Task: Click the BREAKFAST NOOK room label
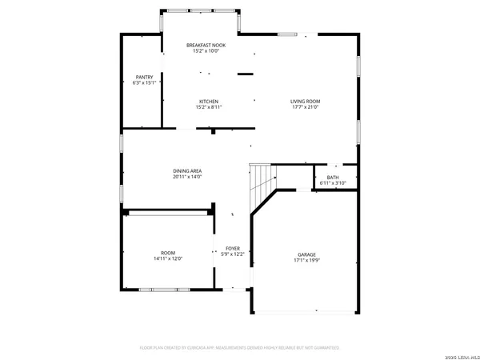click(x=206, y=45)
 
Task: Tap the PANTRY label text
click(x=144, y=77)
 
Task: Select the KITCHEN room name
click(x=210, y=101)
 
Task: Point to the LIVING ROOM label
click(x=305, y=101)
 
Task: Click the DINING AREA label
click(x=187, y=171)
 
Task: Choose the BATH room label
click(x=332, y=178)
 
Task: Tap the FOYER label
click(x=233, y=249)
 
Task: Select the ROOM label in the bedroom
click(x=168, y=253)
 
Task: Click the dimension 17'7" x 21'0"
click(x=305, y=107)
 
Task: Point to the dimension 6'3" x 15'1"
click(x=144, y=82)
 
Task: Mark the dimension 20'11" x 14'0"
click(x=187, y=177)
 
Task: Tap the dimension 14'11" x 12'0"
click(x=168, y=258)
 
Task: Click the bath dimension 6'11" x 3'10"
click(x=332, y=183)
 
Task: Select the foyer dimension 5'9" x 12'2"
click(x=233, y=254)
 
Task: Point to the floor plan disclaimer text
click(x=240, y=348)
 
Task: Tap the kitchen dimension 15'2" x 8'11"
click(x=210, y=107)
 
